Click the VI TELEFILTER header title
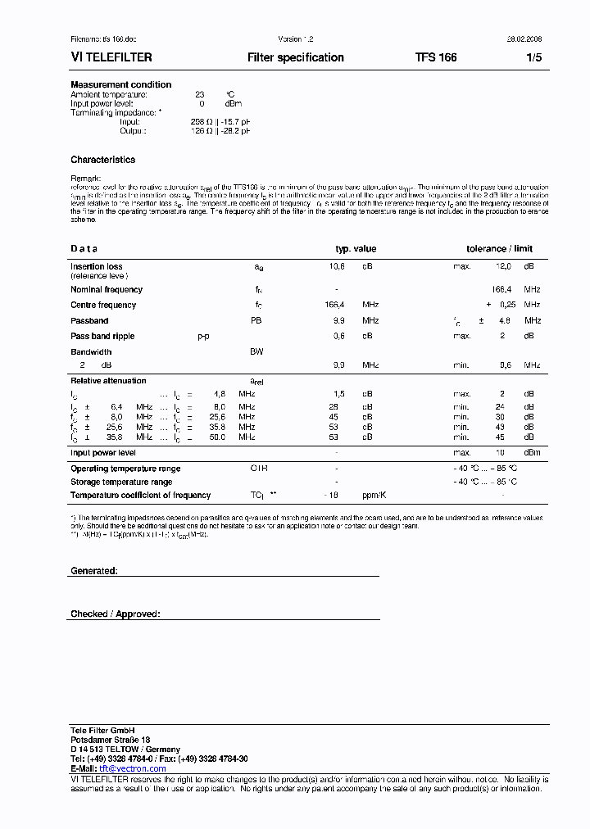click(111, 58)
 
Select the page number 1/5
click(533, 58)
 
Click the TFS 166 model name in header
click(436, 58)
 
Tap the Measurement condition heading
click(121, 84)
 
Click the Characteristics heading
click(103, 160)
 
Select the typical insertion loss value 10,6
click(337, 266)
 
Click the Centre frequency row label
click(103, 305)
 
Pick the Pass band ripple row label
click(102, 336)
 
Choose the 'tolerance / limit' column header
click(499, 249)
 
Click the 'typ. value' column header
click(356, 249)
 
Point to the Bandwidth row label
click(91, 351)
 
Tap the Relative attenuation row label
click(108, 381)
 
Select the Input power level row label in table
click(103, 452)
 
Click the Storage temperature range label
click(121, 482)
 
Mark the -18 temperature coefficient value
click(331, 495)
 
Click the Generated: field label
click(94, 570)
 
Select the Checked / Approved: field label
click(116, 614)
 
